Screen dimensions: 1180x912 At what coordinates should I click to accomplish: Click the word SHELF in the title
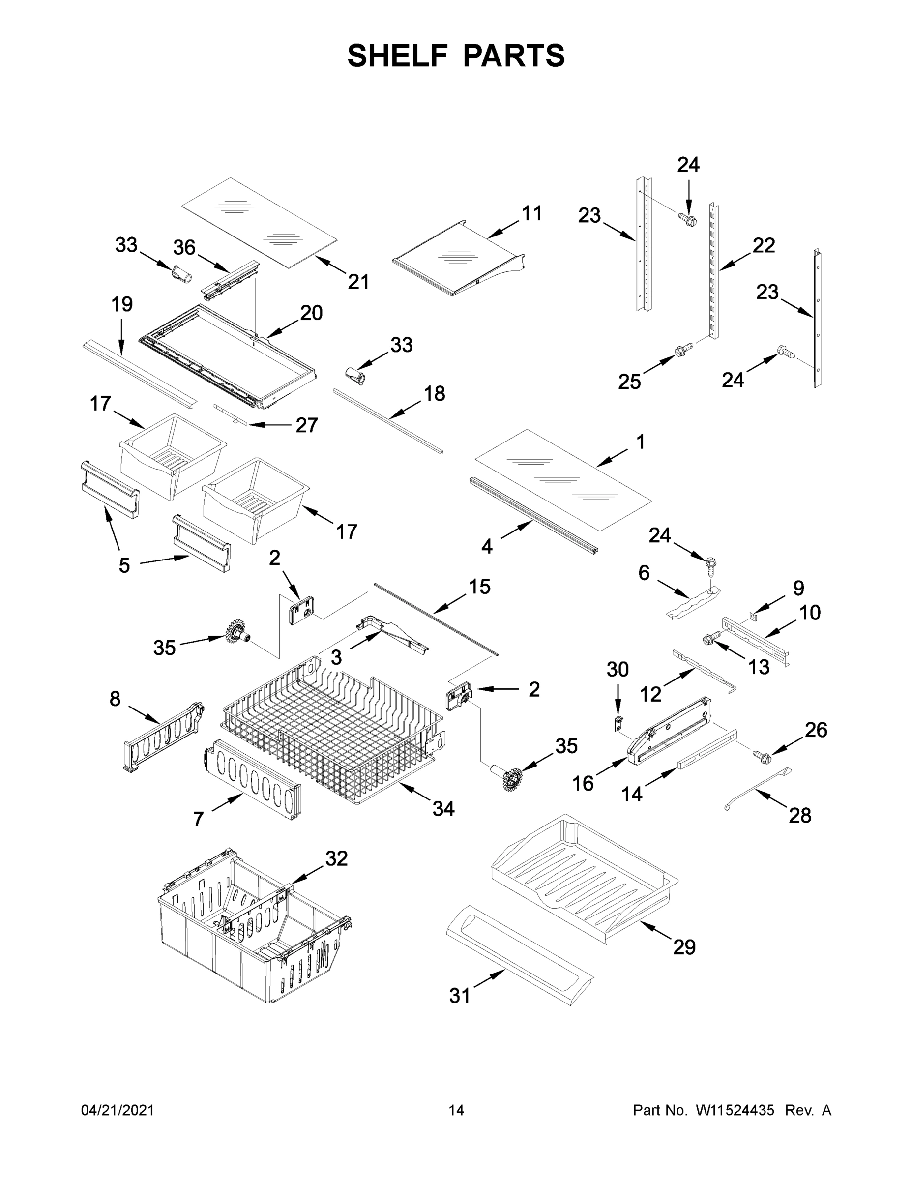397,56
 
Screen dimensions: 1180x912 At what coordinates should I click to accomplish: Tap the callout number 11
531,213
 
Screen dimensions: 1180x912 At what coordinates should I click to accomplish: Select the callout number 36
184,248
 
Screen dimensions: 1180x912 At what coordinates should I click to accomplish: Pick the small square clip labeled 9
754,614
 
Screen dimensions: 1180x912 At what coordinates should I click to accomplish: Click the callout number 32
336,858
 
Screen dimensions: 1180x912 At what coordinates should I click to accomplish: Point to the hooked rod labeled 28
757,789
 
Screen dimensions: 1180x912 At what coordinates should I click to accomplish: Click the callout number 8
115,699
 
